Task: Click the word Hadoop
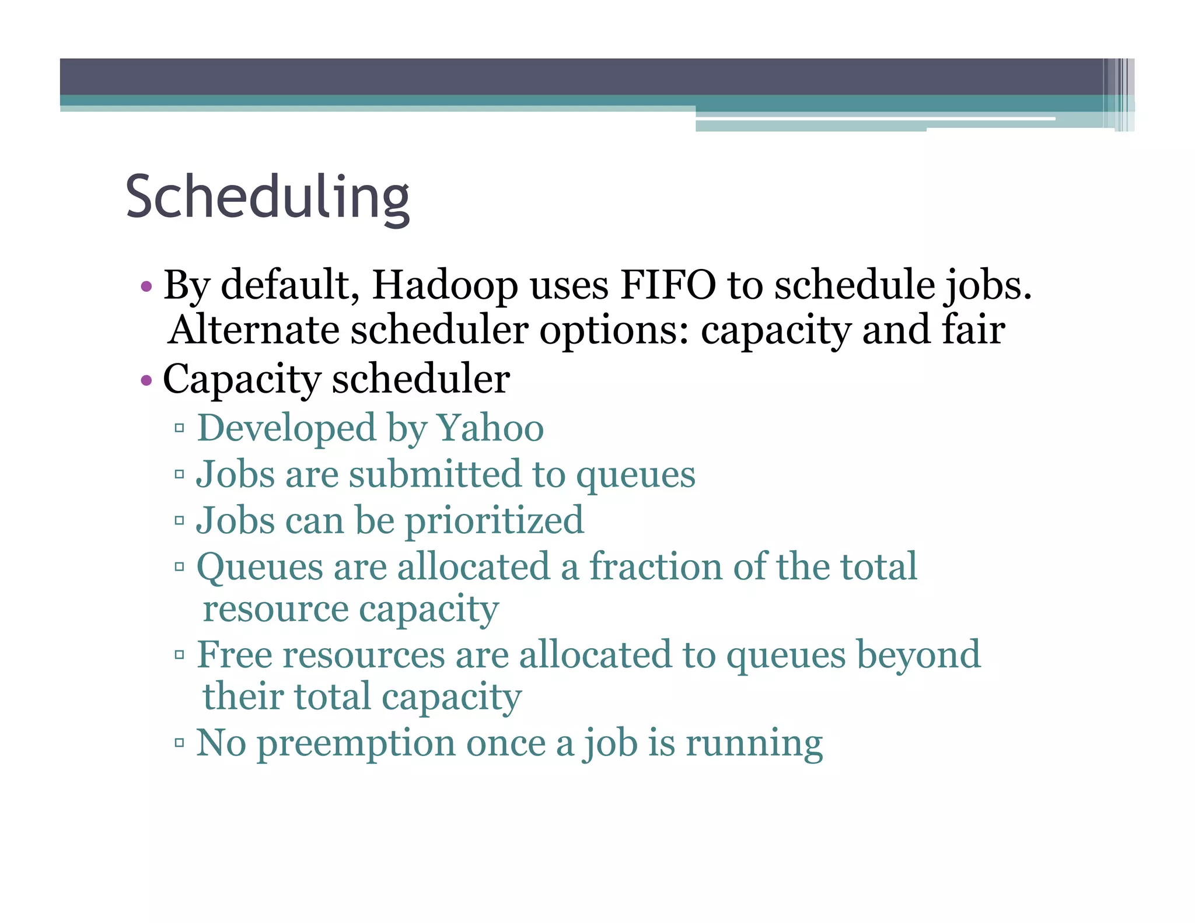[445, 286]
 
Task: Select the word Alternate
[253, 330]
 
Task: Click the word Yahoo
[490, 428]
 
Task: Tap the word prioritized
[494, 520]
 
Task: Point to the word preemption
[356, 744]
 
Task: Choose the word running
[753, 744]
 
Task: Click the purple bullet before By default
[146, 286]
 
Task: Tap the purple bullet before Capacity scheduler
[146, 381]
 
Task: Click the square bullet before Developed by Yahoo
[179, 429]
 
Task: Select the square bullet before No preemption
[179, 743]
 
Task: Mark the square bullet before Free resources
[179, 655]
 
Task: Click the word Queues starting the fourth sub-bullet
[259, 568]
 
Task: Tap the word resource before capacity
[275, 610]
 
